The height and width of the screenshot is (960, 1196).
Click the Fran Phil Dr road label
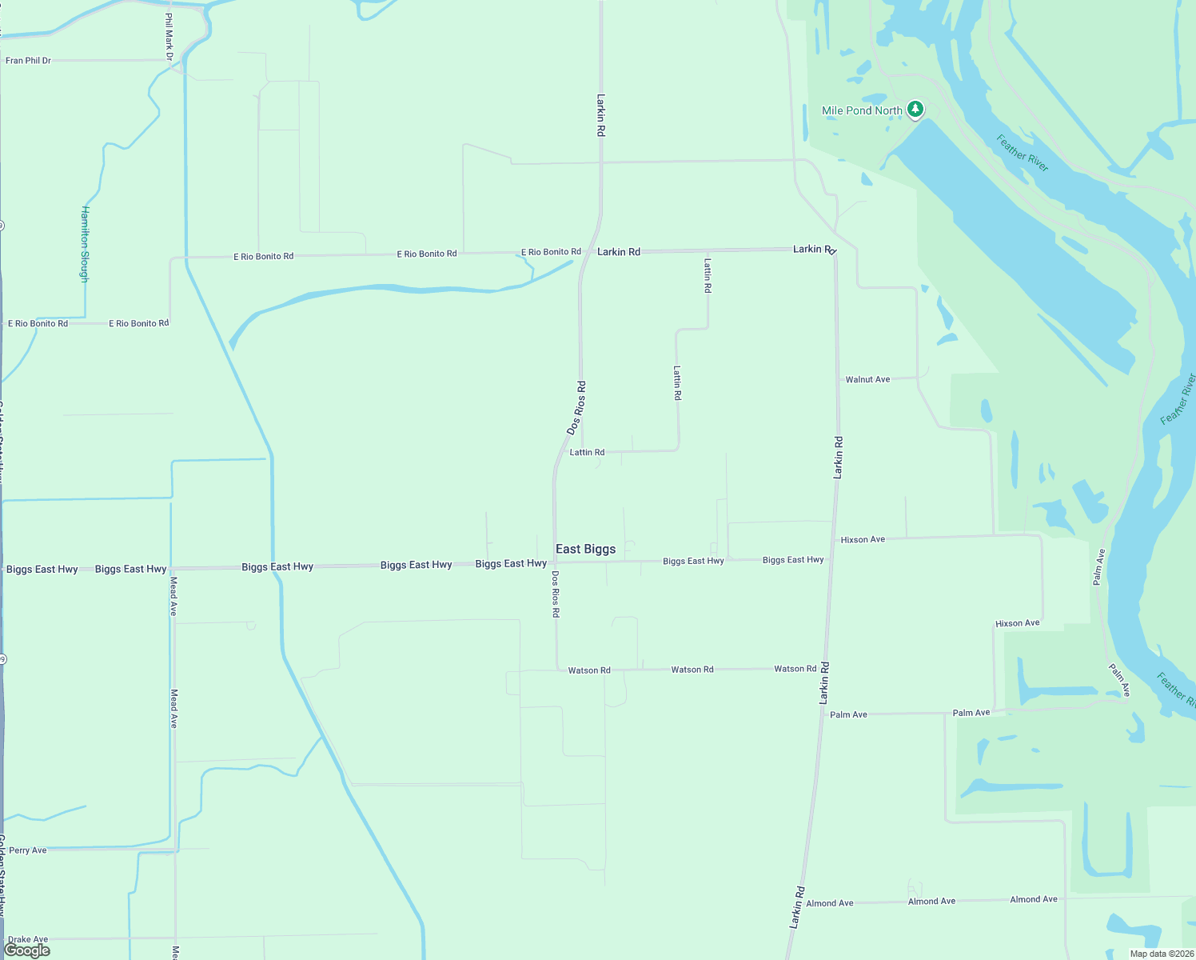click(x=28, y=61)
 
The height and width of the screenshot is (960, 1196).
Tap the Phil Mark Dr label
click(x=169, y=37)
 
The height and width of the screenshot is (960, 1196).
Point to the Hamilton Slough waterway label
click(x=85, y=244)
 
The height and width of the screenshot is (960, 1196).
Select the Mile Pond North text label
click(x=862, y=110)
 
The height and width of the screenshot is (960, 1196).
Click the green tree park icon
click(x=915, y=110)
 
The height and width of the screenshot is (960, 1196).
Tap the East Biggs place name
click(x=585, y=549)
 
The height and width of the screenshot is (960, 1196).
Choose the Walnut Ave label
click(x=867, y=379)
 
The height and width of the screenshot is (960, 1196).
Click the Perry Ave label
click(x=28, y=850)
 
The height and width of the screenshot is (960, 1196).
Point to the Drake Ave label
click(x=28, y=939)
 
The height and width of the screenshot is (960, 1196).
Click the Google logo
click(x=27, y=950)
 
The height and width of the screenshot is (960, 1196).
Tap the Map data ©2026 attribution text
click(x=1162, y=954)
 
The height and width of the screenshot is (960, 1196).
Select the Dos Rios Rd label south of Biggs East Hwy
click(x=556, y=594)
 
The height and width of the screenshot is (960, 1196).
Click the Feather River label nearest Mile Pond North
click(x=1023, y=153)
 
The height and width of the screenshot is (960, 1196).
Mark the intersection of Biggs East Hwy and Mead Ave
click(x=171, y=568)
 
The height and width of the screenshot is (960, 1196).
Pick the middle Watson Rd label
click(x=692, y=670)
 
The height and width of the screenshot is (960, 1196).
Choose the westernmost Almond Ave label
click(x=829, y=903)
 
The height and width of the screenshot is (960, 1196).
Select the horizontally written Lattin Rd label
click(x=587, y=452)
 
